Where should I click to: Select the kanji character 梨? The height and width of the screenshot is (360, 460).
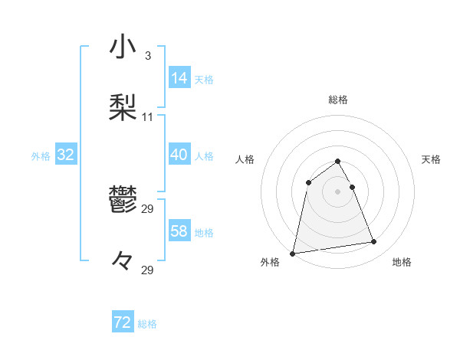(123, 107)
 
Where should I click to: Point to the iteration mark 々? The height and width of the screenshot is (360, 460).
(123, 261)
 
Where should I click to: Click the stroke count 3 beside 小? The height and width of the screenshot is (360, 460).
(147, 56)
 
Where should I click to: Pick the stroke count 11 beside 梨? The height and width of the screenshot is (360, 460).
(148, 117)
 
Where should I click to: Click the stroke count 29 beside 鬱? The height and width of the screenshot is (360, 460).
(148, 209)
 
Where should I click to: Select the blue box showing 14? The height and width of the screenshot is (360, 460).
(179, 77)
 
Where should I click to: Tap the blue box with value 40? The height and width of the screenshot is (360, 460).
(179, 155)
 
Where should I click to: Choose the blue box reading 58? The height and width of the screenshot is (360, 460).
(179, 231)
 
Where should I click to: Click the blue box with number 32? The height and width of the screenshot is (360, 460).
(66, 155)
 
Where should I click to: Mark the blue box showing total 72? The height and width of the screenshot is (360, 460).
(123, 322)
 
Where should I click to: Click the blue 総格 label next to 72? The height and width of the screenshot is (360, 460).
(147, 324)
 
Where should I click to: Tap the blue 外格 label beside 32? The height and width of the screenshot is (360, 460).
(41, 156)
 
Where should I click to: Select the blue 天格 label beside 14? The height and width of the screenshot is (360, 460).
(204, 79)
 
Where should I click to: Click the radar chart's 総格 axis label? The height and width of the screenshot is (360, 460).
(338, 100)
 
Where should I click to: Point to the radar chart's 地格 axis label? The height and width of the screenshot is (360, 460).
(402, 262)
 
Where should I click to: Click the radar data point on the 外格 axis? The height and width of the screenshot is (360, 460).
(293, 253)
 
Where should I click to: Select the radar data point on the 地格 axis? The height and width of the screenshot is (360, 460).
(374, 242)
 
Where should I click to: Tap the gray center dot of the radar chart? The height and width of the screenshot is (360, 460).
(338, 191)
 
